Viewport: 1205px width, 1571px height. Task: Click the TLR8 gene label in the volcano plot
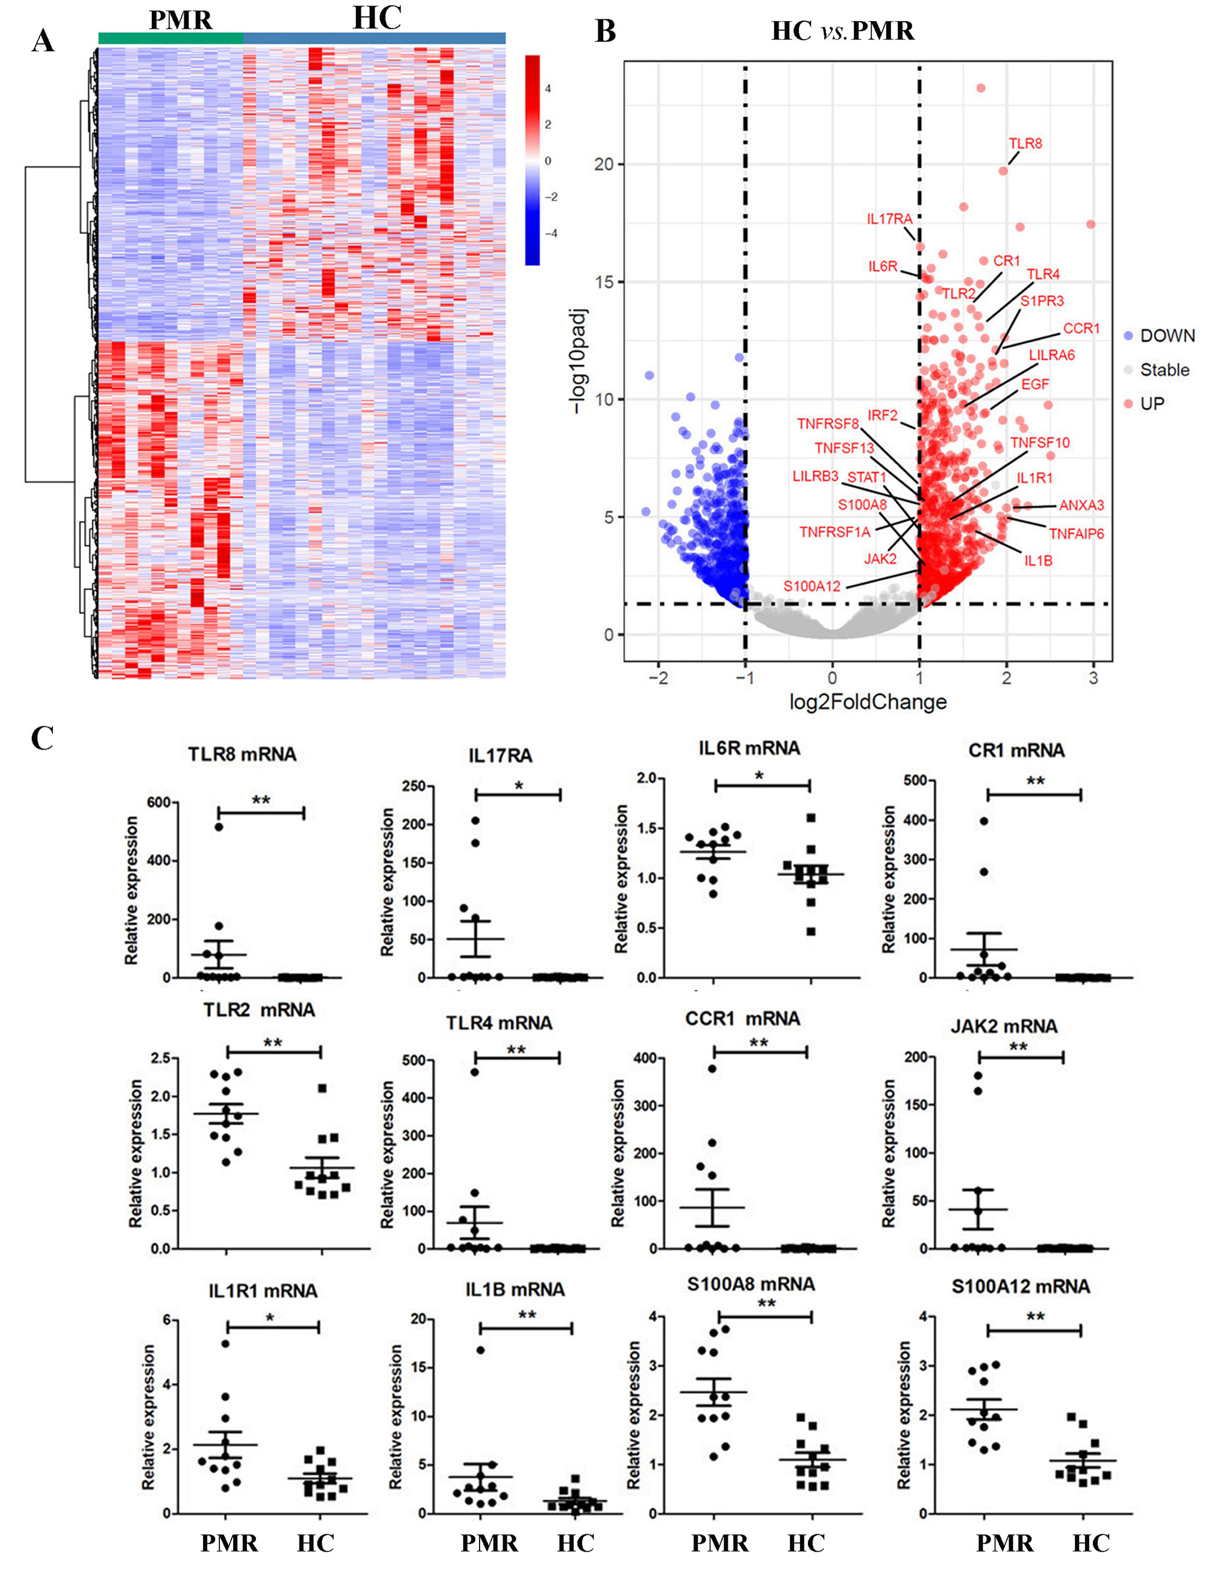[x=1025, y=143]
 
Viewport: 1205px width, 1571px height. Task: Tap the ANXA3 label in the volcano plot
[x=1081, y=506]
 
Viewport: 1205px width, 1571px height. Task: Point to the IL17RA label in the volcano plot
[x=889, y=219]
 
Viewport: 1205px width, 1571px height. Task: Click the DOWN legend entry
[x=1167, y=336]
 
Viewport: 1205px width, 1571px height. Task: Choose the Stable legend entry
[x=1164, y=370]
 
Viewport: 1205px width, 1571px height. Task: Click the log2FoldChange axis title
[x=867, y=701]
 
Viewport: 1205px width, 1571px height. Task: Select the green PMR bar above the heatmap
[x=171, y=38]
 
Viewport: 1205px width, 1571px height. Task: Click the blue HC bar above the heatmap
[x=374, y=38]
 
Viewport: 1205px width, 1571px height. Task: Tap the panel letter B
[x=606, y=31]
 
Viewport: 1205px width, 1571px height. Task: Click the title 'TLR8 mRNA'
[x=242, y=754]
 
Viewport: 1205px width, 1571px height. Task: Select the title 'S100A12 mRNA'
[x=1020, y=1286]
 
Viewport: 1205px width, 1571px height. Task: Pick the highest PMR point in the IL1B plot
[x=481, y=1350]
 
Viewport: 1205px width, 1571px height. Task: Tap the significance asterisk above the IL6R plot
[x=760, y=776]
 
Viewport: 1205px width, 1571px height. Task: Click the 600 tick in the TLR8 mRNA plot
[x=158, y=803]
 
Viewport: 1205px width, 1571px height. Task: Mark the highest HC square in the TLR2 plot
[x=322, y=1088]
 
